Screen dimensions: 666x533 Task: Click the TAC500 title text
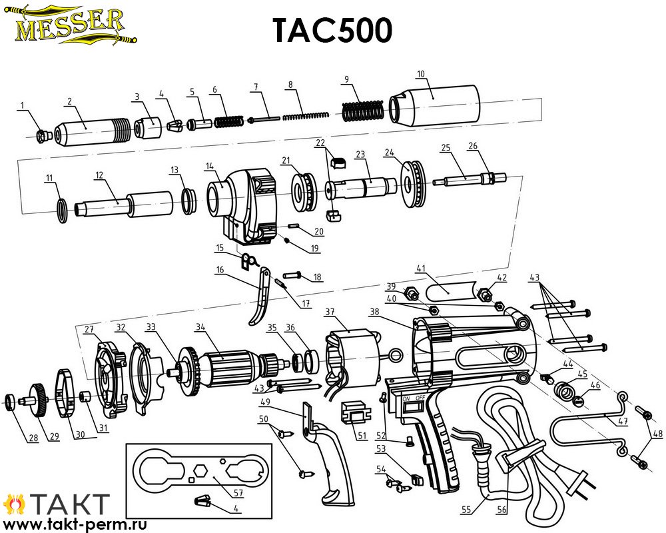click(332, 31)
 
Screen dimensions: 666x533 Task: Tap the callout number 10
click(420, 74)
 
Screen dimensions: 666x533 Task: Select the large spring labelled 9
click(363, 111)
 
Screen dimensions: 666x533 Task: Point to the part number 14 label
click(209, 167)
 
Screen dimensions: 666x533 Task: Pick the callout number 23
click(360, 155)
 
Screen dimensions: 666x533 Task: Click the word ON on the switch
click(406, 398)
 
